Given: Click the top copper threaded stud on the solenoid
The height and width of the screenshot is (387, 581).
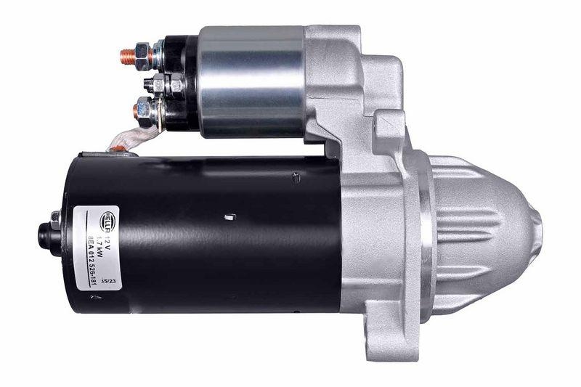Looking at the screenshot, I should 128,54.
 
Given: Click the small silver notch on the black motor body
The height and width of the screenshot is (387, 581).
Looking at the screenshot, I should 229,216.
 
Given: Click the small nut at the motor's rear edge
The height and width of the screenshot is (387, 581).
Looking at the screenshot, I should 56,216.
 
